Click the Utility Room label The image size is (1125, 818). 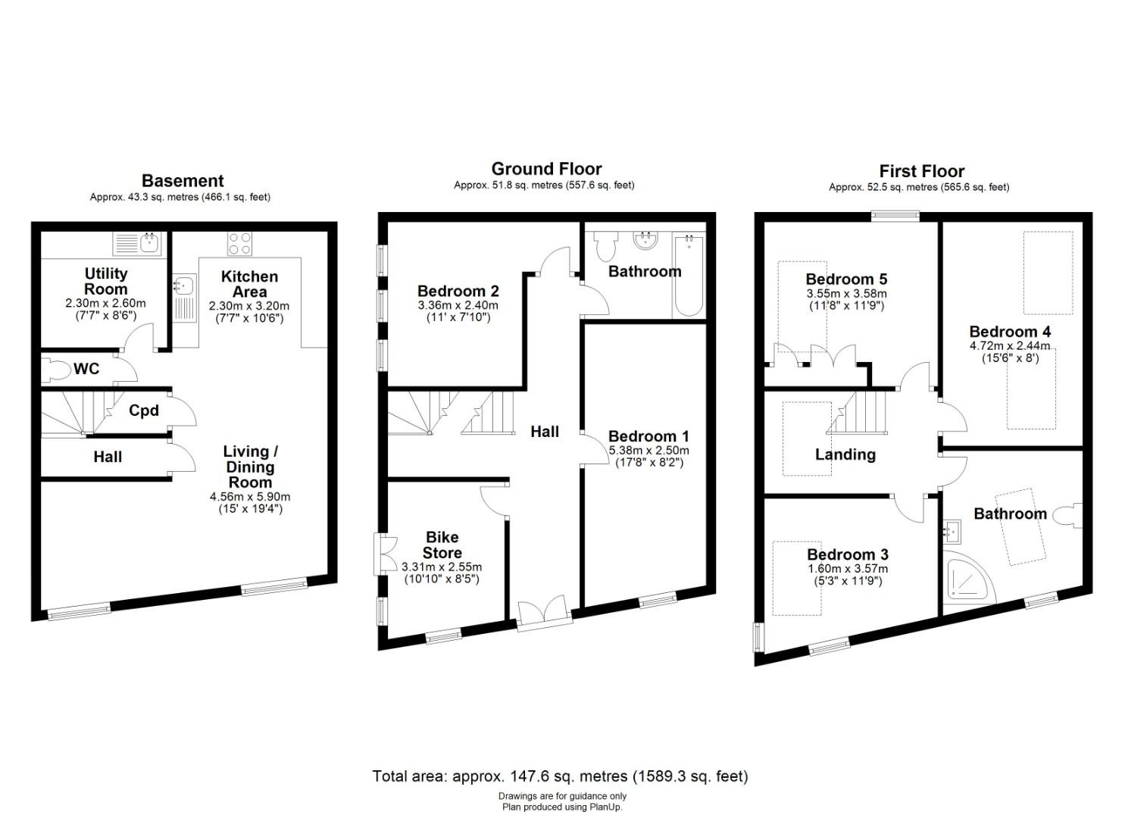pyautogui.click(x=105, y=281)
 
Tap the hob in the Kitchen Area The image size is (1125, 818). pyautogui.click(x=240, y=244)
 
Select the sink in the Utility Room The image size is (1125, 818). pyautogui.click(x=138, y=244)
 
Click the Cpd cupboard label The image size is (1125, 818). pyautogui.click(x=143, y=411)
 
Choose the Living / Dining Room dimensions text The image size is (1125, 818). pyautogui.click(x=250, y=503)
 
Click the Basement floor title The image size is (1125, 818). pyautogui.click(x=183, y=180)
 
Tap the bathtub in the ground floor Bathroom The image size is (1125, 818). pyautogui.click(x=688, y=276)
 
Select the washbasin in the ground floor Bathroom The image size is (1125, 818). pyautogui.click(x=646, y=240)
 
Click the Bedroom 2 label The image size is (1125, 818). pyautogui.click(x=458, y=291)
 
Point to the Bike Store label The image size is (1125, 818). pyautogui.click(x=442, y=545)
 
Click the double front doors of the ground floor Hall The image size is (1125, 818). pyautogui.click(x=544, y=611)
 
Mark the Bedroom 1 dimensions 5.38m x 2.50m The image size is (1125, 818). pyautogui.click(x=648, y=450)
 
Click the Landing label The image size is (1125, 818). pyautogui.click(x=845, y=454)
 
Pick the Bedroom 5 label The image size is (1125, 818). pyautogui.click(x=845, y=279)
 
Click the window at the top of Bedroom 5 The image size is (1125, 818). pyautogui.click(x=895, y=216)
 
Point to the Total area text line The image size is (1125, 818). pyautogui.click(x=560, y=776)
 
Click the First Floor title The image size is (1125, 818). pyautogui.click(x=921, y=171)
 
